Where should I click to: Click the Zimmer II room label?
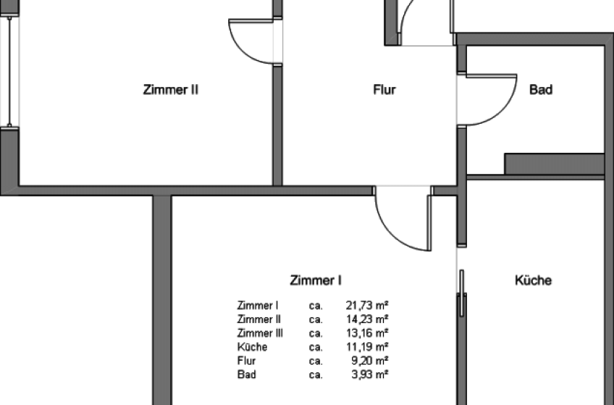tap(171, 90)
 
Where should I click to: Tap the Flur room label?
tap(384, 90)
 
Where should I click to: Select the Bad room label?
tap(541, 89)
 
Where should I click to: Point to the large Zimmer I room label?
tap(316, 280)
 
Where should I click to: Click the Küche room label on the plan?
tap(533, 280)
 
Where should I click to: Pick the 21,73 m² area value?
tap(367, 305)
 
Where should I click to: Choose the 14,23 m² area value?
tap(367, 319)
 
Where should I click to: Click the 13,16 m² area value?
tap(367, 333)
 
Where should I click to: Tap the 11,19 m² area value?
tap(367, 346)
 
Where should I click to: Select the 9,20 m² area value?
tap(370, 360)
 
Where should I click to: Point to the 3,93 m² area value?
tap(370, 375)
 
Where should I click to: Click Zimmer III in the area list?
tap(260, 333)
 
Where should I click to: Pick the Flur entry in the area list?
tap(246, 360)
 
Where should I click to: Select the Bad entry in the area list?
tap(247, 375)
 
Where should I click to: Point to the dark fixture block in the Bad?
tap(554, 164)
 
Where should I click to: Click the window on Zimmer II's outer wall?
tap(9, 72)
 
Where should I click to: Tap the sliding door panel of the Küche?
tap(462, 293)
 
